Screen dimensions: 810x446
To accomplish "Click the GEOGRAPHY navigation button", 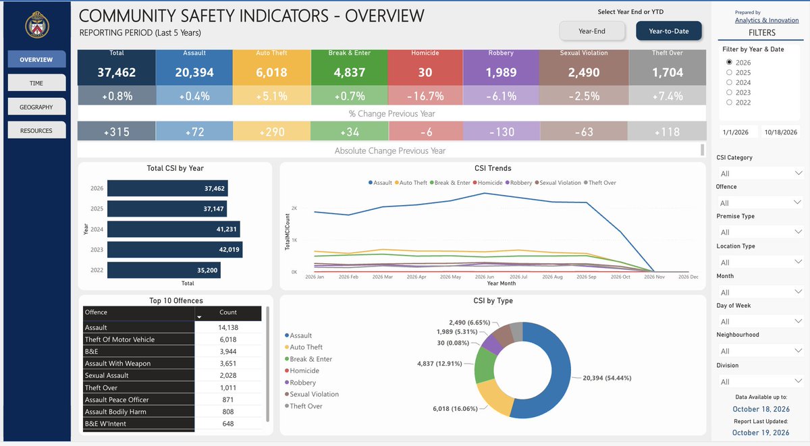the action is (36, 107).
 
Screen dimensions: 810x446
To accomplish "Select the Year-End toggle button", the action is (592, 31).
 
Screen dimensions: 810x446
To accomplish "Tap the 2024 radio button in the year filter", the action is (729, 82).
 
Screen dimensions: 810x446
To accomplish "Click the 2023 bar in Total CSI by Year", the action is (175, 250).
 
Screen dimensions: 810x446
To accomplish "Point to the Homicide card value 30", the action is (425, 72).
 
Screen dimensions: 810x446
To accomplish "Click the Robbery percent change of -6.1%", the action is (502, 96).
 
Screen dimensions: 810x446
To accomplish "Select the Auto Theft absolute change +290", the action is (272, 132).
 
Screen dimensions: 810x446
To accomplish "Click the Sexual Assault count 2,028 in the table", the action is (228, 375).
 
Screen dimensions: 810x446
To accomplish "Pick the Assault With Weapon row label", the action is (117, 363).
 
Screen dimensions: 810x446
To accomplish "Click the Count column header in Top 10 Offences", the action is (228, 312).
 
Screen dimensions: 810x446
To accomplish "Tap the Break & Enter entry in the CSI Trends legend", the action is (450, 183).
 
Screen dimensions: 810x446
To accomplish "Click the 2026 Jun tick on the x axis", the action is (485, 277).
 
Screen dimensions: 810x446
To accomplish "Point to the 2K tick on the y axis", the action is (294, 208).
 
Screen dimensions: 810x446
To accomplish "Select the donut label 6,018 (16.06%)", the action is (455, 409).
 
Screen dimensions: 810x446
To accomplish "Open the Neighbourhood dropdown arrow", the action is (798, 351).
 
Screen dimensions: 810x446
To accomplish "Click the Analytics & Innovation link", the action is (767, 20).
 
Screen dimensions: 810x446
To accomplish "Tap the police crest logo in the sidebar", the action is (37, 24).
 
